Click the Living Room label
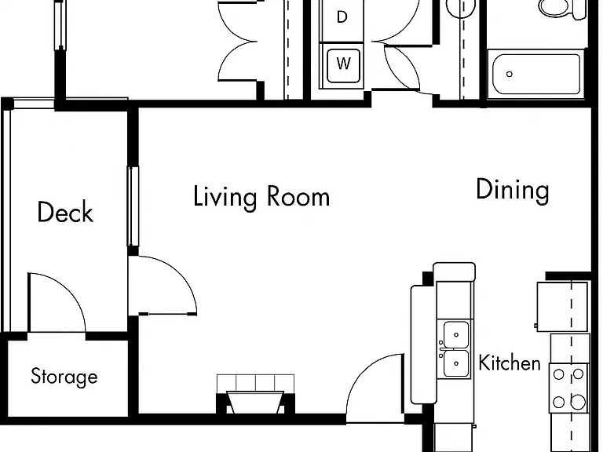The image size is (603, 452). (261, 198)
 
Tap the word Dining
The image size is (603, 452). (513, 190)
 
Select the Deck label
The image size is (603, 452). (65, 212)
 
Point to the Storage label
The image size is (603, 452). (64, 377)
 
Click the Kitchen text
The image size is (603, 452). (510, 363)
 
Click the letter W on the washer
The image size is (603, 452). (343, 63)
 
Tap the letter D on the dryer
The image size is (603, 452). (342, 17)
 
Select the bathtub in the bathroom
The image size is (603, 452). (536, 74)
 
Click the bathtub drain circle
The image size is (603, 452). (510, 75)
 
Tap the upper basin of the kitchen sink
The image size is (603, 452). (456, 335)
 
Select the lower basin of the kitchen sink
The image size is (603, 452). (456, 363)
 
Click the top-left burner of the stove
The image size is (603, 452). (559, 374)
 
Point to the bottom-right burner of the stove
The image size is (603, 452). (578, 403)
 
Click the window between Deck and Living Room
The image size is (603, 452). (133, 206)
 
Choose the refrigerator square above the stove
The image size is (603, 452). (562, 307)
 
